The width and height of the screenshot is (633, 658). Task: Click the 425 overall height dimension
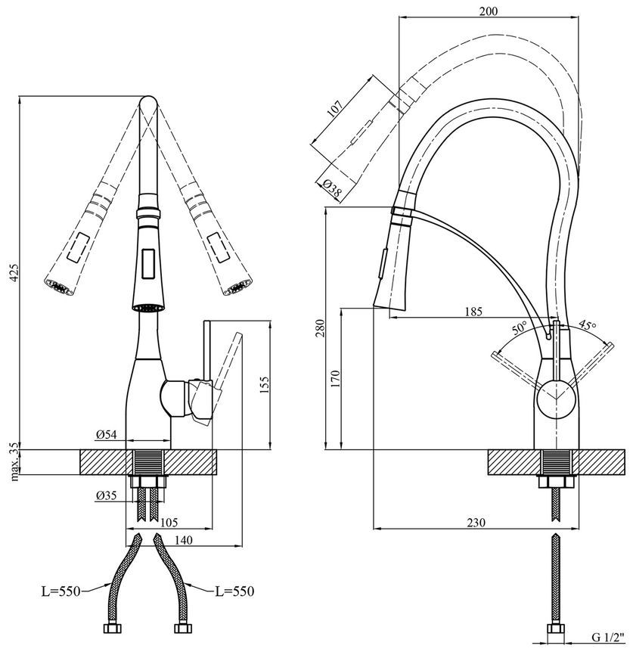click(x=14, y=273)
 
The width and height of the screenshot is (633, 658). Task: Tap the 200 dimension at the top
click(x=489, y=11)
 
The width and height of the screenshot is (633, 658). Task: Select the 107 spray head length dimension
click(x=335, y=109)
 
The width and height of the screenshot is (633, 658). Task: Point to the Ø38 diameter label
click(x=332, y=188)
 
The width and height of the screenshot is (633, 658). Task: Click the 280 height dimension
click(x=320, y=327)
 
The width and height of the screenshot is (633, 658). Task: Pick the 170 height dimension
click(x=336, y=378)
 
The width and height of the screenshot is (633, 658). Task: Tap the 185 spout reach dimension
click(x=473, y=312)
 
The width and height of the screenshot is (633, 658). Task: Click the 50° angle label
click(x=519, y=327)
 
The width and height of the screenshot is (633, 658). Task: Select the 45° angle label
click(x=588, y=325)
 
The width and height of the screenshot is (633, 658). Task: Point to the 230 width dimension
click(x=476, y=523)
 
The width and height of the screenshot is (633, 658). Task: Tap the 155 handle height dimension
click(x=264, y=385)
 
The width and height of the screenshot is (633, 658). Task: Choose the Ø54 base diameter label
click(x=106, y=435)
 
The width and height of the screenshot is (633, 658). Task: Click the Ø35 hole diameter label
click(x=106, y=495)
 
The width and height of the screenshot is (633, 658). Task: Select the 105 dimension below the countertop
click(x=169, y=523)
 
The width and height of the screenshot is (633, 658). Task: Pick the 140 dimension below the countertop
click(x=184, y=540)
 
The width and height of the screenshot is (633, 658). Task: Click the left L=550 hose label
click(x=61, y=591)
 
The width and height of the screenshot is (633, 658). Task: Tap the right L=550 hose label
click(x=234, y=591)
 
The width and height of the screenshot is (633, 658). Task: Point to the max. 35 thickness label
click(x=15, y=461)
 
